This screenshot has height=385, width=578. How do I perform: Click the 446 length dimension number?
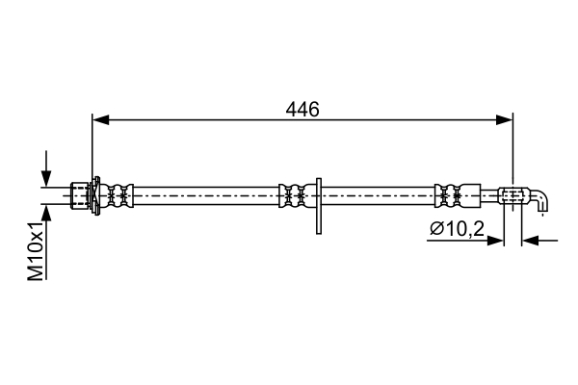[x=302, y=110]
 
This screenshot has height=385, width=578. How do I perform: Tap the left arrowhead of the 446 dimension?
[x=100, y=119]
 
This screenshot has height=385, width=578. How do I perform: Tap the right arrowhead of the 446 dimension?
[x=504, y=119]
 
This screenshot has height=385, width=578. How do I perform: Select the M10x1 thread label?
[x=37, y=251]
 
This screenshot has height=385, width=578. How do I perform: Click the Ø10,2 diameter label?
[x=457, y=229]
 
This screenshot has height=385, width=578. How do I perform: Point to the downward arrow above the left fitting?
[x=46, y=168]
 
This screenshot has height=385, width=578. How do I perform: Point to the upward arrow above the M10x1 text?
[x=46, y=214]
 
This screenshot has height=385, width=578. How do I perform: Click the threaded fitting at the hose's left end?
[x=80, y=195]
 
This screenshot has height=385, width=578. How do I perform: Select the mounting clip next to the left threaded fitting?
[x=95, y=195]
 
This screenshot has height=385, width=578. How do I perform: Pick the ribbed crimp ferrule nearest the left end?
[x=120, y=195]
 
